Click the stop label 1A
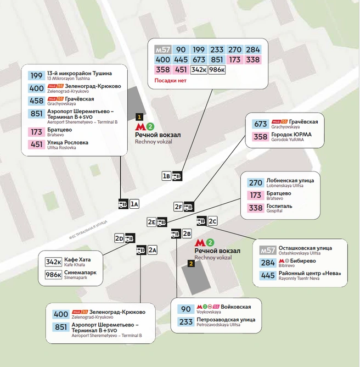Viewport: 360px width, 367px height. [134, 204]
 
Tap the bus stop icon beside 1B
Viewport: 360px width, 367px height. [177, 176]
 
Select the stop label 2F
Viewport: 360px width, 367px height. [178, 207]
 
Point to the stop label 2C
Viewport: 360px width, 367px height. [212, 221]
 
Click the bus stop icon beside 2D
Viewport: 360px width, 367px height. [130, 238]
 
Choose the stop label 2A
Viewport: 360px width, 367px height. [153, 250]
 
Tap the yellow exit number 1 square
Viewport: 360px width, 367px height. [139, 117]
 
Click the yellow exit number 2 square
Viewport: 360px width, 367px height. [191, 264]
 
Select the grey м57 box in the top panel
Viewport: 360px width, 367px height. [162, 49]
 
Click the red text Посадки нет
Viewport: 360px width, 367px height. [171, 81]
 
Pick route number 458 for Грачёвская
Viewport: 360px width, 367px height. [36, 101]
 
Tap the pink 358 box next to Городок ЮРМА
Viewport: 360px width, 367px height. [261, 137]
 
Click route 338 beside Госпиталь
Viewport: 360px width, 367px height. [256, 208]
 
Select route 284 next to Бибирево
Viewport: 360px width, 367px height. [268, 263]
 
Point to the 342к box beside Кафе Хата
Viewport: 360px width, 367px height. [54, 262]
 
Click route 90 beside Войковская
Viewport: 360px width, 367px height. [186, 309]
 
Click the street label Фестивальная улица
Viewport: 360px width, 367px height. [88, 230]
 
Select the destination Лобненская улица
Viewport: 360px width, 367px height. [290, 180]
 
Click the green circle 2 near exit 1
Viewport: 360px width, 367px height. [150, 126]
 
